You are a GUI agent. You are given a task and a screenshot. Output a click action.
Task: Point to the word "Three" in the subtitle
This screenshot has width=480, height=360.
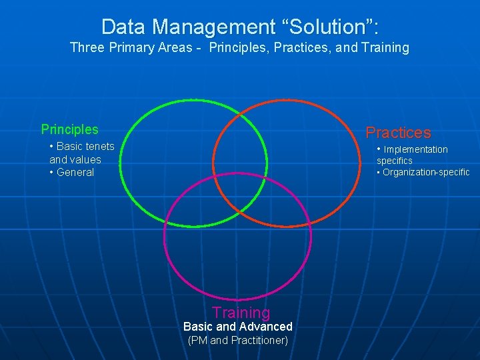[x=87, y=48]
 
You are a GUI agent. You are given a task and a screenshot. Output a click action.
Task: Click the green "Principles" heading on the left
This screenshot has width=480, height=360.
[x=69, y=129]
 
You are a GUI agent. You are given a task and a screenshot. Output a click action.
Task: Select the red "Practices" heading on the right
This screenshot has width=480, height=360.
[x=398, y=133]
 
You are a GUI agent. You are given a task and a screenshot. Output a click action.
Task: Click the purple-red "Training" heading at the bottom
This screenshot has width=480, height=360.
[x=241, y=312]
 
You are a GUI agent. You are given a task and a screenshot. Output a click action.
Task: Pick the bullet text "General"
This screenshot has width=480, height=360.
[x=75, y=172]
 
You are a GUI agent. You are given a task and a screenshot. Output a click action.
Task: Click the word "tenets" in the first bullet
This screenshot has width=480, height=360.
[x=99, y=146]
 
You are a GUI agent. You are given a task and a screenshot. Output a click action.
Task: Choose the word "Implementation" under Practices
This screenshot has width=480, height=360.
[x=416, y=149]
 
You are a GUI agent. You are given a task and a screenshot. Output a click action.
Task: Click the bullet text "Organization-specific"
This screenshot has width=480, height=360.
[x=426, y=172]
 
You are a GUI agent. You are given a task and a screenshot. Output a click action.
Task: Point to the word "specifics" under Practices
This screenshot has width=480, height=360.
[x=395, y=161]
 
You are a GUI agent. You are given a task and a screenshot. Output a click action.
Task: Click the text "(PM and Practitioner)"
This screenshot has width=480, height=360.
[x=238, y=340]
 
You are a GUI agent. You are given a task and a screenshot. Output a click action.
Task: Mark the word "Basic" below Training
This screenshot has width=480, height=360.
[x=198, y=326]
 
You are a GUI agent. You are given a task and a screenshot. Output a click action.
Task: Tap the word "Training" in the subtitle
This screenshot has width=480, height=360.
[x=383, y=48]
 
